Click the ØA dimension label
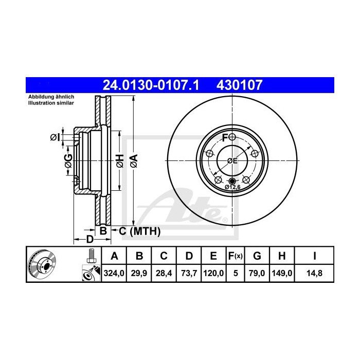pos(133,160)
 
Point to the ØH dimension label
pos(119,160)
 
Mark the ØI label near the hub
pos(55,137)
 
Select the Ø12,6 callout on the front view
pos(233,187)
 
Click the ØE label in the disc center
pos(232,160)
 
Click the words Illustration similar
pos(51,103)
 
